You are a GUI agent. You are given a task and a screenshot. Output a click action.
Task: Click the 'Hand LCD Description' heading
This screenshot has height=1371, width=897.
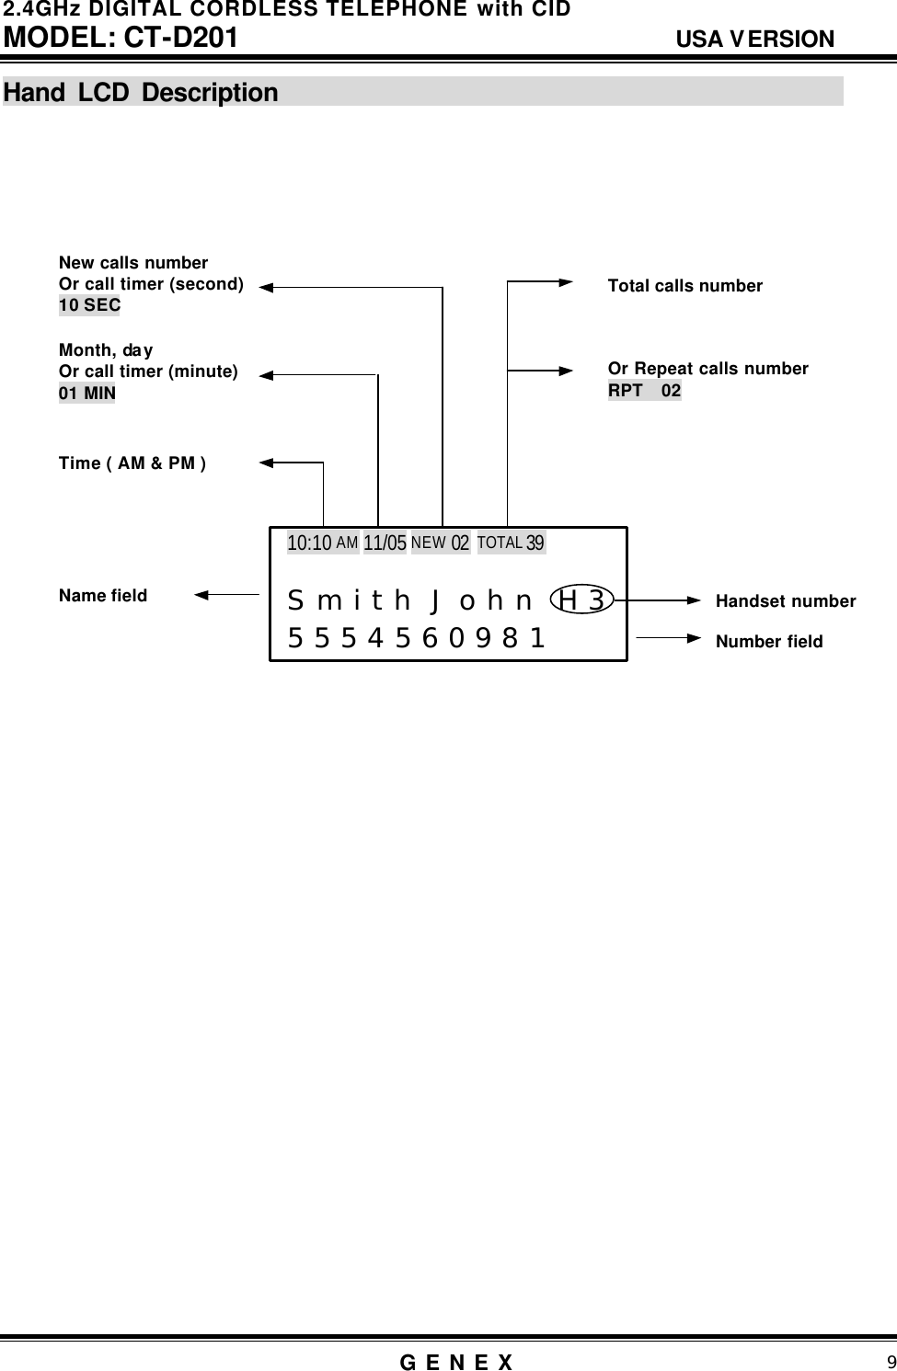coord(141,93)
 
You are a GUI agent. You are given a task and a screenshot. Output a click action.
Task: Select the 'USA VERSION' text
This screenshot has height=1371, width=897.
coord(754,40)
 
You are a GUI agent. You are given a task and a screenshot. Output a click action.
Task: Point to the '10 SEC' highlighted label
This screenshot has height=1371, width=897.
coord(89,305)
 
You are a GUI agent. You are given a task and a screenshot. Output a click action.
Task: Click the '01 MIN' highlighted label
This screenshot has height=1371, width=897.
coord(87,394)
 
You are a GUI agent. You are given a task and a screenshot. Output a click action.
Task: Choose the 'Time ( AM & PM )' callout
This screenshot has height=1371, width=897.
coord(132,463)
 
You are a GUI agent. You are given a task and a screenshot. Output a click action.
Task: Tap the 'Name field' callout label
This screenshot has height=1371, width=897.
coord(103,596)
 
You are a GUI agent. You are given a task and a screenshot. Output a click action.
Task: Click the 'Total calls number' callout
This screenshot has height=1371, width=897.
coord(685,286)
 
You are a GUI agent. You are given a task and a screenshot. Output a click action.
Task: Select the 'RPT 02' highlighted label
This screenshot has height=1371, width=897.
coord(644,391)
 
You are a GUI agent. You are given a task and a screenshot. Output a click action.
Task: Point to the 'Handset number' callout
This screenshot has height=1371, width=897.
coord(786,601)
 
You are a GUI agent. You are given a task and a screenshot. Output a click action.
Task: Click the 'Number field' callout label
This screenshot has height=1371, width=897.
coord(769,642)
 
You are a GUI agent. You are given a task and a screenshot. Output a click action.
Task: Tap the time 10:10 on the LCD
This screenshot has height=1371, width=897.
coord(309,543)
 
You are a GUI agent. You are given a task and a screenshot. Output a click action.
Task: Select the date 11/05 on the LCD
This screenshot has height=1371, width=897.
coord(385,543)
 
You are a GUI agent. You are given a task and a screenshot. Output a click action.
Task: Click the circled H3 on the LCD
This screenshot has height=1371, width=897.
coord(581,600)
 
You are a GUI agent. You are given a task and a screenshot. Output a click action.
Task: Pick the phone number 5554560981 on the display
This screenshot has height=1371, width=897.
coord(417,637)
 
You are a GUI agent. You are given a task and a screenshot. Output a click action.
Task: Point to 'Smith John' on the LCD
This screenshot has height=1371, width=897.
coord(410,601)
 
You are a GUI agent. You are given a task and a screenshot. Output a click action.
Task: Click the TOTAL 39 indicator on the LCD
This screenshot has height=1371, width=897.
coord(512,543)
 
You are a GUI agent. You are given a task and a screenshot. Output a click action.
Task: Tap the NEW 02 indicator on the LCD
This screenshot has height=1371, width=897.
coord(441,543)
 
